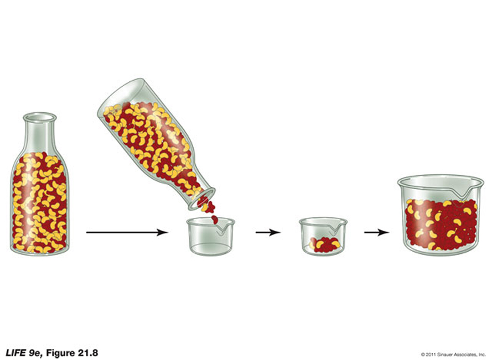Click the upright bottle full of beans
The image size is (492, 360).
40,185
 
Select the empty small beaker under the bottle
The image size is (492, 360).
210,237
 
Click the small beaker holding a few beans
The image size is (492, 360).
323,237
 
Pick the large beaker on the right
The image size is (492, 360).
441,216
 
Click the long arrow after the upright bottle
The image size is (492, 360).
127,232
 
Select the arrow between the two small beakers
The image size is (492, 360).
268,232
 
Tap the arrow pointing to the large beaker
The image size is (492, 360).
376,232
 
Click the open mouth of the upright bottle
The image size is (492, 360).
40,117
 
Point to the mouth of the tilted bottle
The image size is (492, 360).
202,199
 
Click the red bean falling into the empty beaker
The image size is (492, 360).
215,219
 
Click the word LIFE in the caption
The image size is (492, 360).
15,353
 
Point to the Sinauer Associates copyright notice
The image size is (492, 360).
453,354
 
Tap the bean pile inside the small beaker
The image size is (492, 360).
324,245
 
